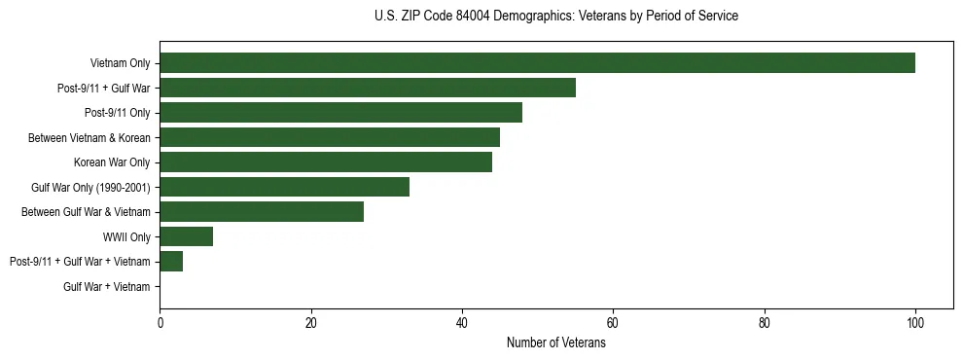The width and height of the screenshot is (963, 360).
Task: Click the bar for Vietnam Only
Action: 537,63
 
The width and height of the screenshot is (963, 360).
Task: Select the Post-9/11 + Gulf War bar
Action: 368,88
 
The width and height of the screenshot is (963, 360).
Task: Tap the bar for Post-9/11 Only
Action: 340,113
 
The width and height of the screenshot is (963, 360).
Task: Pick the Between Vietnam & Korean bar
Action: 330,137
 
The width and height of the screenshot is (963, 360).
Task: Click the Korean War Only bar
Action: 326,162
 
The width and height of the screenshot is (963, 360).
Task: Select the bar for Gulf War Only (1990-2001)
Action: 284,187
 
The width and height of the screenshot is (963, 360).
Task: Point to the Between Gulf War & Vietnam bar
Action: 262,212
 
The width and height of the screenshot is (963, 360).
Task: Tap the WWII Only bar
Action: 186,236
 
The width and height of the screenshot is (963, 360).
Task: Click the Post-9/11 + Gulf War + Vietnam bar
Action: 171,262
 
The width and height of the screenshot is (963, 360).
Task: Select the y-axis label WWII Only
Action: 126,236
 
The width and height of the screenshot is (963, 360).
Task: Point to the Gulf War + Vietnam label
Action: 107,287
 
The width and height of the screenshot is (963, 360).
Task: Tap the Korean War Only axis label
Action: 112,162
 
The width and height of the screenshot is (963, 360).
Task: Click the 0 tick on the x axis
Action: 160,324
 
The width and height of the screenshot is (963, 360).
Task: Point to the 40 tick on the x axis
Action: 462,324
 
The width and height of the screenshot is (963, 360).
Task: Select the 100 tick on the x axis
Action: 914,324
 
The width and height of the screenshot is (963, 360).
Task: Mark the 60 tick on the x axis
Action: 613,324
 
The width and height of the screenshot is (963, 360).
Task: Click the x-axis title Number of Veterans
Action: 556,343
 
